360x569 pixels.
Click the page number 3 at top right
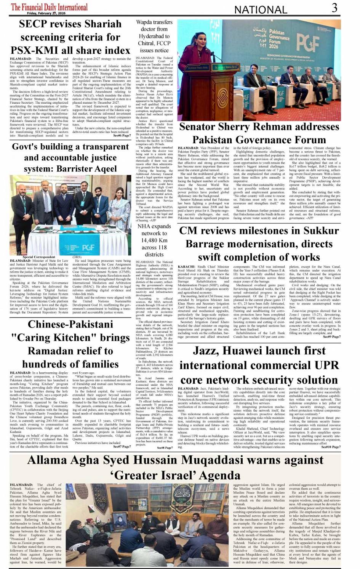coord(334,8)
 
